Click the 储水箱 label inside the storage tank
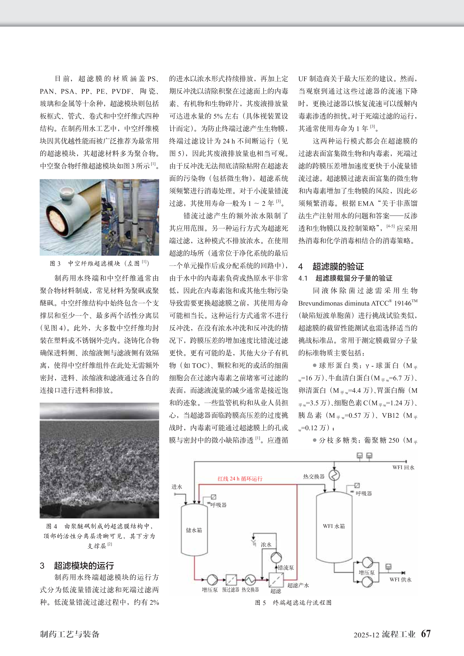(194, 530)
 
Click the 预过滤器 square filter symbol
(231, 579)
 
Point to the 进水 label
(177, 487)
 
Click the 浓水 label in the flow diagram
(266, 545)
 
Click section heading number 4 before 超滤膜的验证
(300, 267)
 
